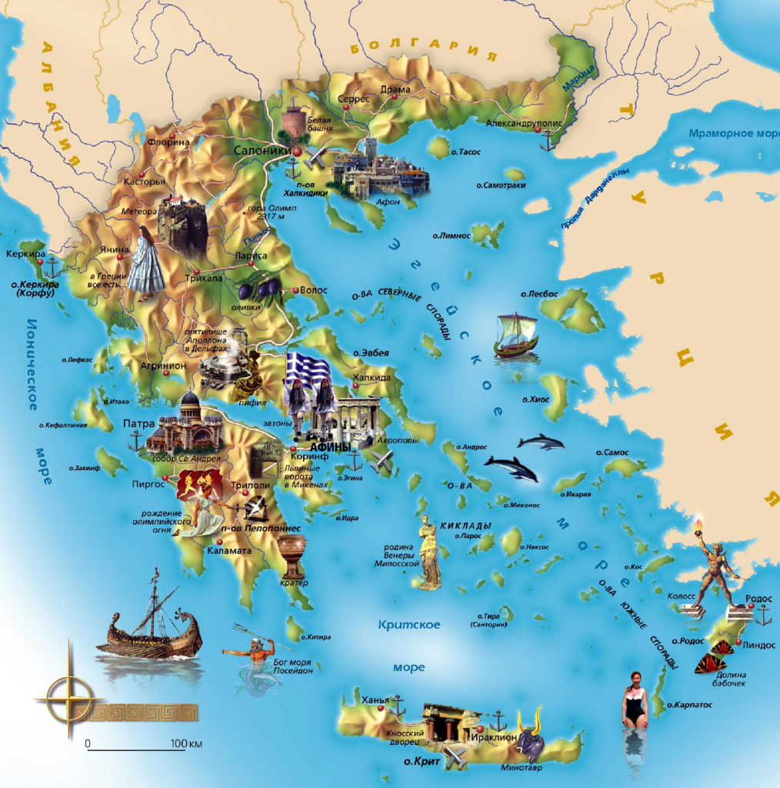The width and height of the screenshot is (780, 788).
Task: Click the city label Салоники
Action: pos(262,151)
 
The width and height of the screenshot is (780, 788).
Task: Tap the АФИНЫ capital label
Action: pos(330,447)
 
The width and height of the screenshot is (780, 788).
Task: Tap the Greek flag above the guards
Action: pos(308,370)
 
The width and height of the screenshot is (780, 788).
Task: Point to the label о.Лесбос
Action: pos(538,294)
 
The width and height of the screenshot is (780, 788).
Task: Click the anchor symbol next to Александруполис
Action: pos(547,139)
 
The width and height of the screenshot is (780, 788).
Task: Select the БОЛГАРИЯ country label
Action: pos(424,52)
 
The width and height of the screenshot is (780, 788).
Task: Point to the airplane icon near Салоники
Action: pos(315,158)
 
